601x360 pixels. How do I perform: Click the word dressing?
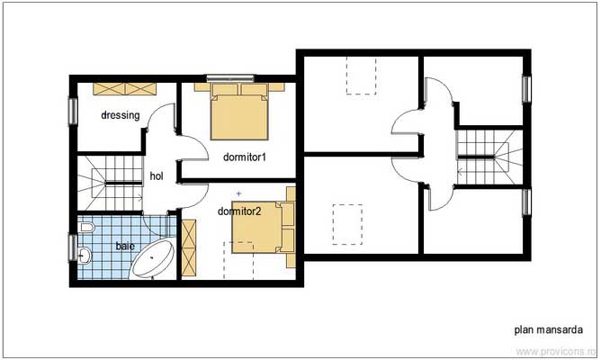click(x=120, y=115)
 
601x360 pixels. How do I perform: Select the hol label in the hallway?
click(x=157, y=176)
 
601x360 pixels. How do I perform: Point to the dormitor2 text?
click(x=239, y=211)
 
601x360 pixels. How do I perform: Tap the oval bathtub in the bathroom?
click(x=155, y=259)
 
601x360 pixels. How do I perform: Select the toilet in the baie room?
click(x=85, y=230)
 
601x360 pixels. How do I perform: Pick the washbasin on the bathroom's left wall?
click(x=84, y=256)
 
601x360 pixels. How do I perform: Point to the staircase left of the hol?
click(x=108, y=182)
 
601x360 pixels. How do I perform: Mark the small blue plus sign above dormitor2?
click(x=238, y=193)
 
